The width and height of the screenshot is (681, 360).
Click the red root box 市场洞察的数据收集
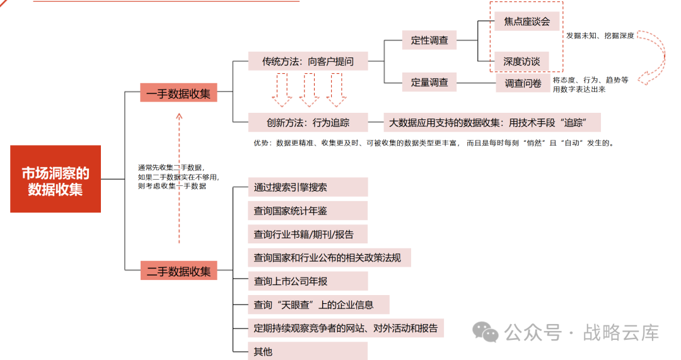click(x=55, y=179)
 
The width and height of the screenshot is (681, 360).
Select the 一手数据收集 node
click(x=178, y=93)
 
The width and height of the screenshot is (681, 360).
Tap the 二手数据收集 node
click(x=178, y=271)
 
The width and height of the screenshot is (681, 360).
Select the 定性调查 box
click(x=429, y=40)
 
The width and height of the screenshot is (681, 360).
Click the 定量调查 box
click(x=429, y=81)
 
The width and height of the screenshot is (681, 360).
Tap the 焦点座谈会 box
click(x=527, y=21)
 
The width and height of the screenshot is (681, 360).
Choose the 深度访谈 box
click(x=521, y=62)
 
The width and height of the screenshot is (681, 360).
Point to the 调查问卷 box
click(x=523, y=83)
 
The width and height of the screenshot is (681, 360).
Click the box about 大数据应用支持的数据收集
click(x=492, y=122)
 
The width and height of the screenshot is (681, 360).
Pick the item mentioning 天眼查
click(x=318, y=305)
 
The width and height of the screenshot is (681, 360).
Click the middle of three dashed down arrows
click(x=309, y=90)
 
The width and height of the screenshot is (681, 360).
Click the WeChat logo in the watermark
click(x=487, y=330)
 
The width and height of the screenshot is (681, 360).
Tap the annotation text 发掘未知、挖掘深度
click(x=600, y=36)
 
